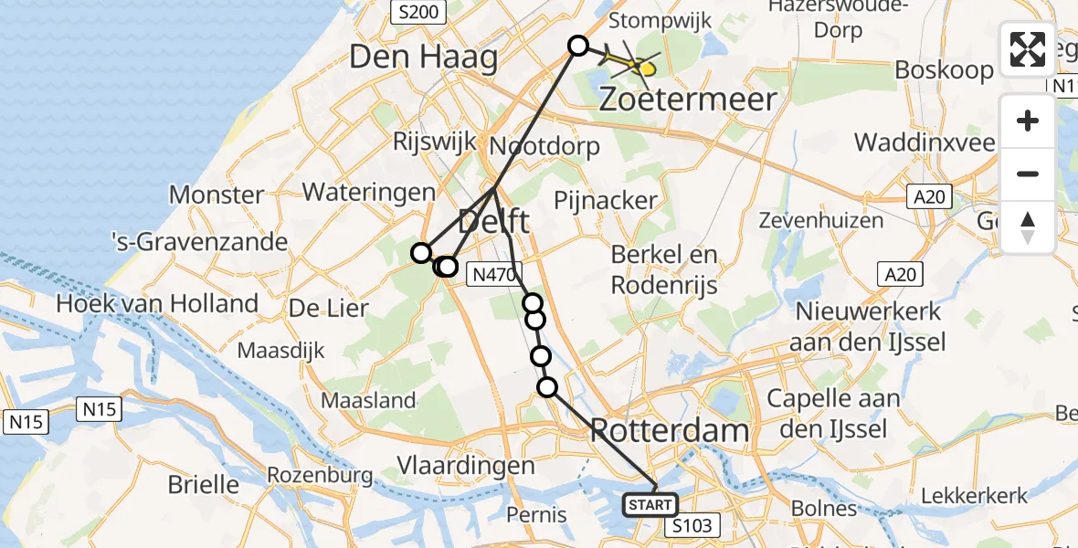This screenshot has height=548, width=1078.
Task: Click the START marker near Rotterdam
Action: coord(650,504)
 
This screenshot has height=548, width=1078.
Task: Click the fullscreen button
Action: coord(1028,49)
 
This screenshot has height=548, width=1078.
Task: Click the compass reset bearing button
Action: coord(1028,226)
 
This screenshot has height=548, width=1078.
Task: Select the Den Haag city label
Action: coord(423,58)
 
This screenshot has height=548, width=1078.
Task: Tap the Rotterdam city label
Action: coord(670,430)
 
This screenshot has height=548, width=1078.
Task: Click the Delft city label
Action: coord(493,222)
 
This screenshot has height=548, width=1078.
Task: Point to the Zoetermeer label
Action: coord(688,99)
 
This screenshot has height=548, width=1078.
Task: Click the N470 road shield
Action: coord(494,273)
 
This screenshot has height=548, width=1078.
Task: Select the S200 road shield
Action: coord(417,12)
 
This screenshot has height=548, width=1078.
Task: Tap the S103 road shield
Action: coord(692,525)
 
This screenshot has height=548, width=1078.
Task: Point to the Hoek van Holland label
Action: coord(157,303)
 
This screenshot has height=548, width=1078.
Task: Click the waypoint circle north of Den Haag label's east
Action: coord(578,46)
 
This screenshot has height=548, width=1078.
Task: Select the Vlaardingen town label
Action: coord(466,466)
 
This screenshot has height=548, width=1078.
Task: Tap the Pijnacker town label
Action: coord(607,200)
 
